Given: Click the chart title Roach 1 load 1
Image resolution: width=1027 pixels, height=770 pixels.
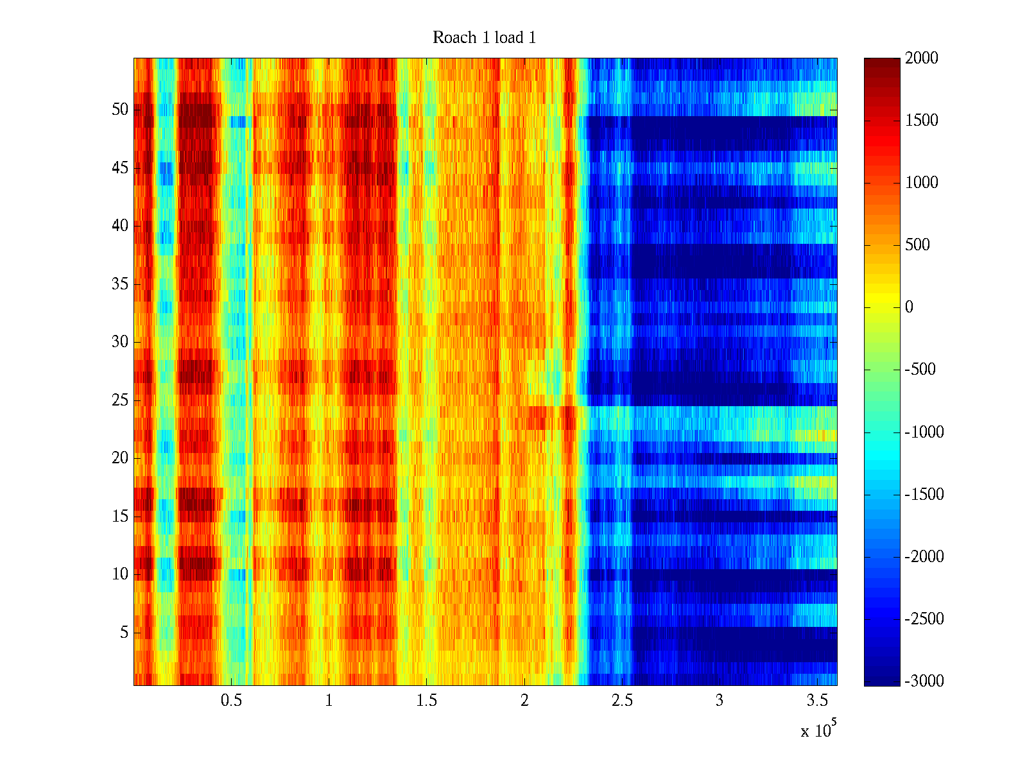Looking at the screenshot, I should coord(484,38).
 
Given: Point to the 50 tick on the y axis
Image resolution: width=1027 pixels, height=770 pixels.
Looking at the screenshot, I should coord(120,110).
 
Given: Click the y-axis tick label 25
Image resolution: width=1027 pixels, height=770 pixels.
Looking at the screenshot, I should coord(120,400).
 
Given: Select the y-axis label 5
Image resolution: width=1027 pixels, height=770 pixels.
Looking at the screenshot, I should coord(124,633).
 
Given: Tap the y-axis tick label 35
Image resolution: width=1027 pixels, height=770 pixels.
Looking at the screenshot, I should coord(120,284).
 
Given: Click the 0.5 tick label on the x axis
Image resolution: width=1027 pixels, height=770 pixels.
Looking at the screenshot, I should coord(231,701).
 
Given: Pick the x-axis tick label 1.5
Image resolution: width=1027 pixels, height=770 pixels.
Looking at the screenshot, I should coord(426,701).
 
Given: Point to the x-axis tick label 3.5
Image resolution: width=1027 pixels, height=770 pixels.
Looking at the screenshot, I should coord(817,701).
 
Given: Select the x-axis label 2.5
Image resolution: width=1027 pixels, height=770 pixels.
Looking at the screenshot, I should coord(622,701).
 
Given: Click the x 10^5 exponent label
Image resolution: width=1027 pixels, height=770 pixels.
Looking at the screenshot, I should coord(818,730).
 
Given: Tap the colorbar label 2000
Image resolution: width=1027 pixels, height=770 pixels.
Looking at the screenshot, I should coord(922,58).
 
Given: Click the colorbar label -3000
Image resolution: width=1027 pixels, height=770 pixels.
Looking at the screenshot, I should coord(924,681).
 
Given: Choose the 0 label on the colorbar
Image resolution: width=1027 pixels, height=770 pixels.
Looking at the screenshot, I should coord(909,307).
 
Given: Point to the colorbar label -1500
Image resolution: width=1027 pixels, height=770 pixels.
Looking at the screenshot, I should coord(924,495).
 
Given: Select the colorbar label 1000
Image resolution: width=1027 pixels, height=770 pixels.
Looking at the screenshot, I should coord(922,183).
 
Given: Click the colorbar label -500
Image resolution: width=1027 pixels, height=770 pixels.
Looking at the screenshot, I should coord(920,370).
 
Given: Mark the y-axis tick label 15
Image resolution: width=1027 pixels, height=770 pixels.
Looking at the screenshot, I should coord(120,517).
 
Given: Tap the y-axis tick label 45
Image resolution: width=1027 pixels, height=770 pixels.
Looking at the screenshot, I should coord(120,168).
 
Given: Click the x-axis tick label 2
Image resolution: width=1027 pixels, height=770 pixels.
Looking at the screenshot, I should coord(524,701).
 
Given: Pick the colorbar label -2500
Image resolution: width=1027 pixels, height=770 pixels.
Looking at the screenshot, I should coord(924,619).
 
